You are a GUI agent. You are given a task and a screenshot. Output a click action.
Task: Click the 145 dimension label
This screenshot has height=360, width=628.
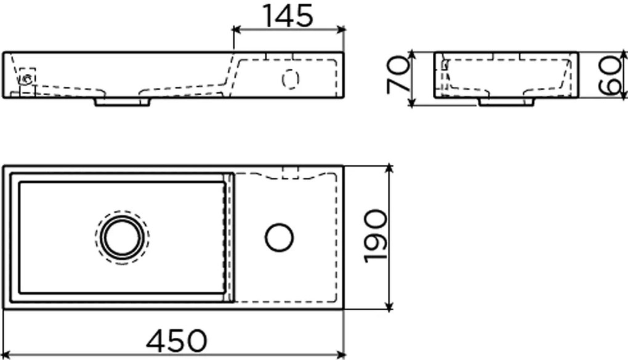click(288, 16)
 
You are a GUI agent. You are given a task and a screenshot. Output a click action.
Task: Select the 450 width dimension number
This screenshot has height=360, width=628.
click(177, 341)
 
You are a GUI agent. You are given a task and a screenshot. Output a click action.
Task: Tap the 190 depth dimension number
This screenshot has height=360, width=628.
click(376, 237)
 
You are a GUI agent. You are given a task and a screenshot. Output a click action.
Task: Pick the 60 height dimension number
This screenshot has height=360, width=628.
click(609, 76)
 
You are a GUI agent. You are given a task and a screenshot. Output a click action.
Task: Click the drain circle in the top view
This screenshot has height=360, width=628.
click(122, 237)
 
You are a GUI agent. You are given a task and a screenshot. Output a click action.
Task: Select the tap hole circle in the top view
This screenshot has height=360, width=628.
click(279, 238)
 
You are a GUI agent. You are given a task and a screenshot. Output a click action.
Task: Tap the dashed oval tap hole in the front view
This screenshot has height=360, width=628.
click(291, 79)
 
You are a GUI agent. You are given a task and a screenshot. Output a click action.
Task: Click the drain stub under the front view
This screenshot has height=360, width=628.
click(122, 102)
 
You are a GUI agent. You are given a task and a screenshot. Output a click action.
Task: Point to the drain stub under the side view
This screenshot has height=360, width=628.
click(507, 102)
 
